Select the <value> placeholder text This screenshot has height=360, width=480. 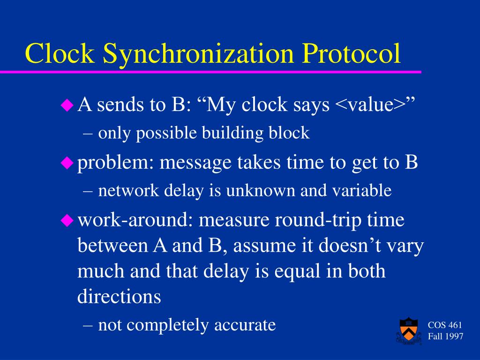(370, 105)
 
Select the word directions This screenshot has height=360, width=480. (119, 297)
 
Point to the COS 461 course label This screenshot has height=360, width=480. (445, 325)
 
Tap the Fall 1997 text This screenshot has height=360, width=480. (445, 337)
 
